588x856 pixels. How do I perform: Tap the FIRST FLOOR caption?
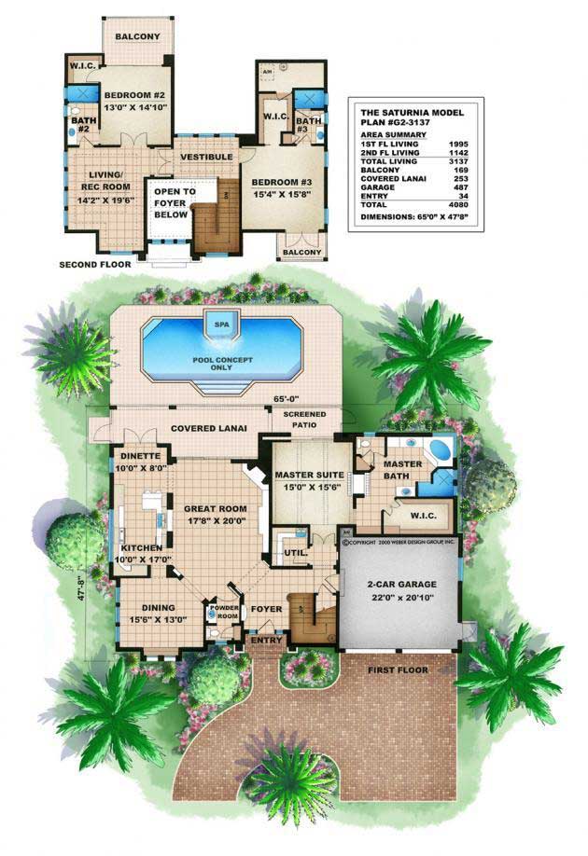[398, 670]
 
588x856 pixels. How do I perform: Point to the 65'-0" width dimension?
[284, 397]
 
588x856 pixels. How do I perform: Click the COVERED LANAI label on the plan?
[206, 428]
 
